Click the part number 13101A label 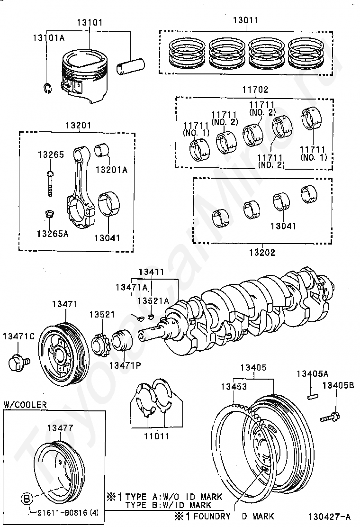tap(48, 37)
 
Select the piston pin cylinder tap(131, 66)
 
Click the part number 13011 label tap(246, 20)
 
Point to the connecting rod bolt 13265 tap(50, 183)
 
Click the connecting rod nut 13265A tap(49, 214)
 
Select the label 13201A tap(111, 170)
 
